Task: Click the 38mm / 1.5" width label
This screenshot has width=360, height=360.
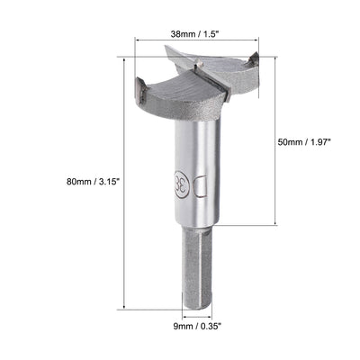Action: pos(196,29)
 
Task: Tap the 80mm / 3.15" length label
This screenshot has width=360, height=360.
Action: pos(93,181)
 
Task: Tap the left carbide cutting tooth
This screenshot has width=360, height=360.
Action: pos(142,88)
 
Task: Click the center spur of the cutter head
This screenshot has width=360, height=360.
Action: pos(200,65)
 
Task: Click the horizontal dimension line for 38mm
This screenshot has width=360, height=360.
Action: pos(196,40)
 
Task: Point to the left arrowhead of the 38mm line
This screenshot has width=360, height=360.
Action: pos(139,40)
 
